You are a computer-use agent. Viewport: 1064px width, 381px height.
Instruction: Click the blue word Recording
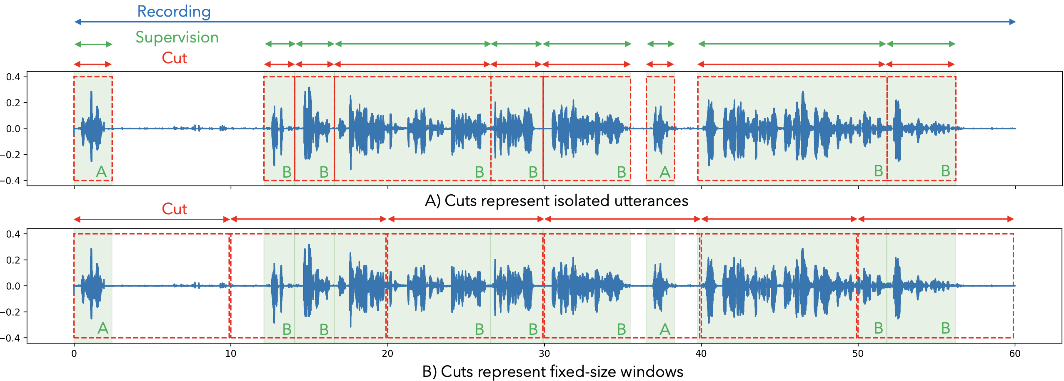(174, 12)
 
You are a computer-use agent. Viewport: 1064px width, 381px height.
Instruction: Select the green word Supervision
(177, 37)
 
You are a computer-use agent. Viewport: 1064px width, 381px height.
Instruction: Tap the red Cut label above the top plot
(174, 58)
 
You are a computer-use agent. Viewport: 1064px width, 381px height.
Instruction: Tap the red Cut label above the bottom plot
(174, 209)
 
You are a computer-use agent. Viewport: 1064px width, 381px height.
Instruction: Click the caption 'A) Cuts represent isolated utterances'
(556, 201)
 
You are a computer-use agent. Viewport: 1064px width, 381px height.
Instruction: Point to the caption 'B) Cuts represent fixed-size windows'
(552, 371)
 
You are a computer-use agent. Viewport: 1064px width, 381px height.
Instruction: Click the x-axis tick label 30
(544, 354)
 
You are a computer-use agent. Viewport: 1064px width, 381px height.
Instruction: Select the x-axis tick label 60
(1015, 354)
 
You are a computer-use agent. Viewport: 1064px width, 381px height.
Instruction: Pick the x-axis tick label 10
(230, 354)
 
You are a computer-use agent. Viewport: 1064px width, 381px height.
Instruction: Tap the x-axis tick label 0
(74, 354)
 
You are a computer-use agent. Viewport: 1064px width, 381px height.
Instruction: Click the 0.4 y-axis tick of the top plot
(13, 77)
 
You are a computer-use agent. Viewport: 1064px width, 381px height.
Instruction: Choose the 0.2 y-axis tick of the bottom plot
(13, 260)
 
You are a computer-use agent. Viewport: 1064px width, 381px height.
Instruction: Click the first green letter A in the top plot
(101, 172)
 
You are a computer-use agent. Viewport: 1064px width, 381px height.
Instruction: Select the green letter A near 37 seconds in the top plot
(665, 172)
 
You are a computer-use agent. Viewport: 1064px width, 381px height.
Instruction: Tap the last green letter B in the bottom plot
(945, 328)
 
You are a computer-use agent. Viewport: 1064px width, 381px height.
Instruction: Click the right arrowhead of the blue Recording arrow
(1012, 22)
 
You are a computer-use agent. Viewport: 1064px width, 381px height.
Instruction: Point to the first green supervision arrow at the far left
(93, 44)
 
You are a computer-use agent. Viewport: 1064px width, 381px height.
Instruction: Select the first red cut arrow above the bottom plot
(152, 219)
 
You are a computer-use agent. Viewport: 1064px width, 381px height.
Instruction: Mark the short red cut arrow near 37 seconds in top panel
(660, 64)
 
